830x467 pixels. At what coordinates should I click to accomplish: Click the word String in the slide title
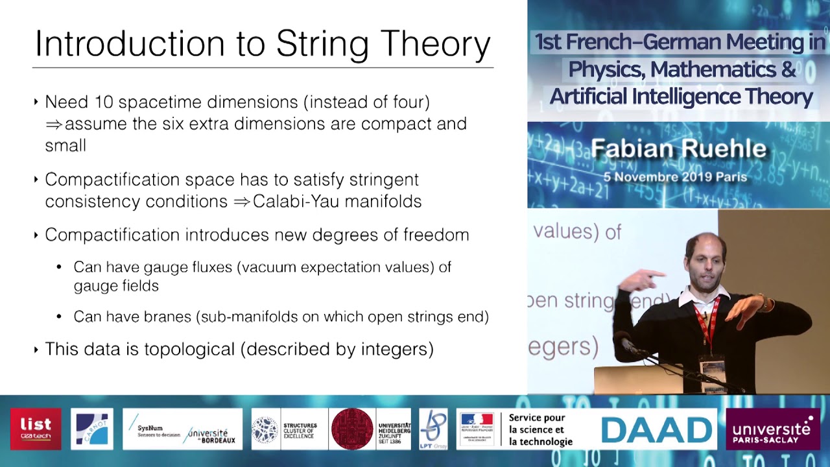pyautogui.click(x=323, y=43)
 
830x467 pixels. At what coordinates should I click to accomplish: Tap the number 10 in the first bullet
pyautogui.click(x=104, y=102)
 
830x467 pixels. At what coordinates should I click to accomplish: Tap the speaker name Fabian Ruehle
pyautogui.click(x=678, y=149)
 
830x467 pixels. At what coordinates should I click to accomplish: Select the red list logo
pyautogui.click(x=36, y=429)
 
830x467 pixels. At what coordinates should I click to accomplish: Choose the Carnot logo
pyautogui.click(x=91, y=429)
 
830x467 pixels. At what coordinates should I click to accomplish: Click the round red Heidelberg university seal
pyautogui.click(x=352, y=429)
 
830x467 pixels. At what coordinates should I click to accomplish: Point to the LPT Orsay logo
pyautogui.click(x=433, y=429)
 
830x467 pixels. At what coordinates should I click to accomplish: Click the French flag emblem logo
pyautogui.click(x=477, y=428)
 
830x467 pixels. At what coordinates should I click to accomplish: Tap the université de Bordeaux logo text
pyautogui.click(x=208, y=435)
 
